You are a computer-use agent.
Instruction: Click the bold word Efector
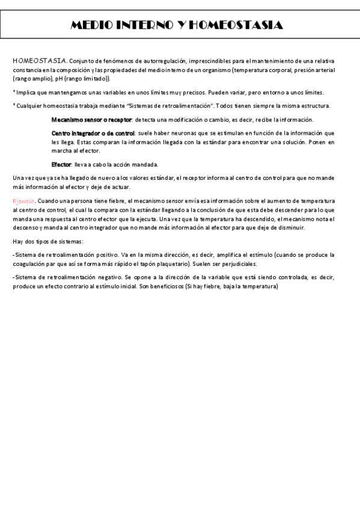[61, 164]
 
